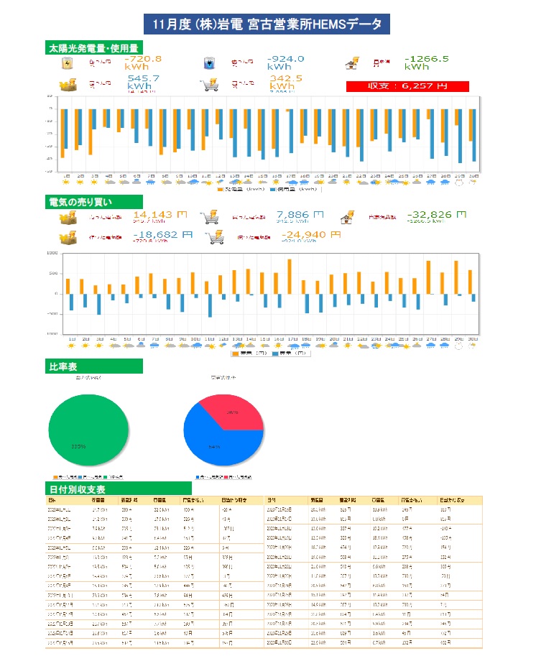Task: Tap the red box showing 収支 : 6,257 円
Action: coord(407,86)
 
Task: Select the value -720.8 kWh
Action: coord(142,63)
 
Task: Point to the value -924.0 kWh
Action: coord(285,63)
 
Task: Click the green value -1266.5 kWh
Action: coord(426,63)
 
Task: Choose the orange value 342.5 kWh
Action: coord(286,82)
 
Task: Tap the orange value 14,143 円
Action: coord(160,214)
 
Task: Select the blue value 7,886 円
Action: coord(300,214)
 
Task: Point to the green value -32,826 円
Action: coord(435,214)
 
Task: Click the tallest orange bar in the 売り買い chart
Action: coord(290,276)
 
